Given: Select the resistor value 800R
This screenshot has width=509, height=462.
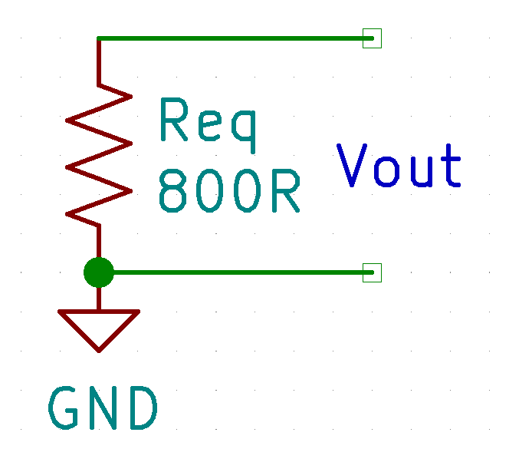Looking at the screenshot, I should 228,191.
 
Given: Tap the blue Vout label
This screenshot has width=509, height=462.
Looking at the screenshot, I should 399,166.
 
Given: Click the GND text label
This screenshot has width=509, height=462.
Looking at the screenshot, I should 103,408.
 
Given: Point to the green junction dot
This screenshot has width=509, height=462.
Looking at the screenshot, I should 98,272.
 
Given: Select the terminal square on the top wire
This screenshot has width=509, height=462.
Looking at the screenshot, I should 372,38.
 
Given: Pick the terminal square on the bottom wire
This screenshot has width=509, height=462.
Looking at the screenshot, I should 372,272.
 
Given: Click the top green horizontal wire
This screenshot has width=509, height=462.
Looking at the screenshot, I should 230,38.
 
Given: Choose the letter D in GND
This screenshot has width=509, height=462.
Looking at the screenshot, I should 143,408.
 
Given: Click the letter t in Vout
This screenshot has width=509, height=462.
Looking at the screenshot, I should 452,166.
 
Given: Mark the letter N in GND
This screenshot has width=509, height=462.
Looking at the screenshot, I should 103,408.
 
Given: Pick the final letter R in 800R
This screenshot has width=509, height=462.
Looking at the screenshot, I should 284,191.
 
